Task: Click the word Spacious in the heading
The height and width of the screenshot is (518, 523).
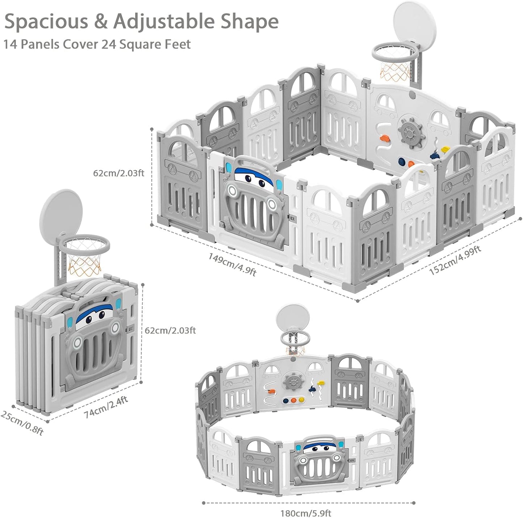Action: tap(46, 22)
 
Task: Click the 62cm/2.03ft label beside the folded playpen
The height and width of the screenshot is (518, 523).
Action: tap(170, 330)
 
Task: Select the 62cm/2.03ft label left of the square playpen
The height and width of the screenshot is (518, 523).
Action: tap(119, 173)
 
